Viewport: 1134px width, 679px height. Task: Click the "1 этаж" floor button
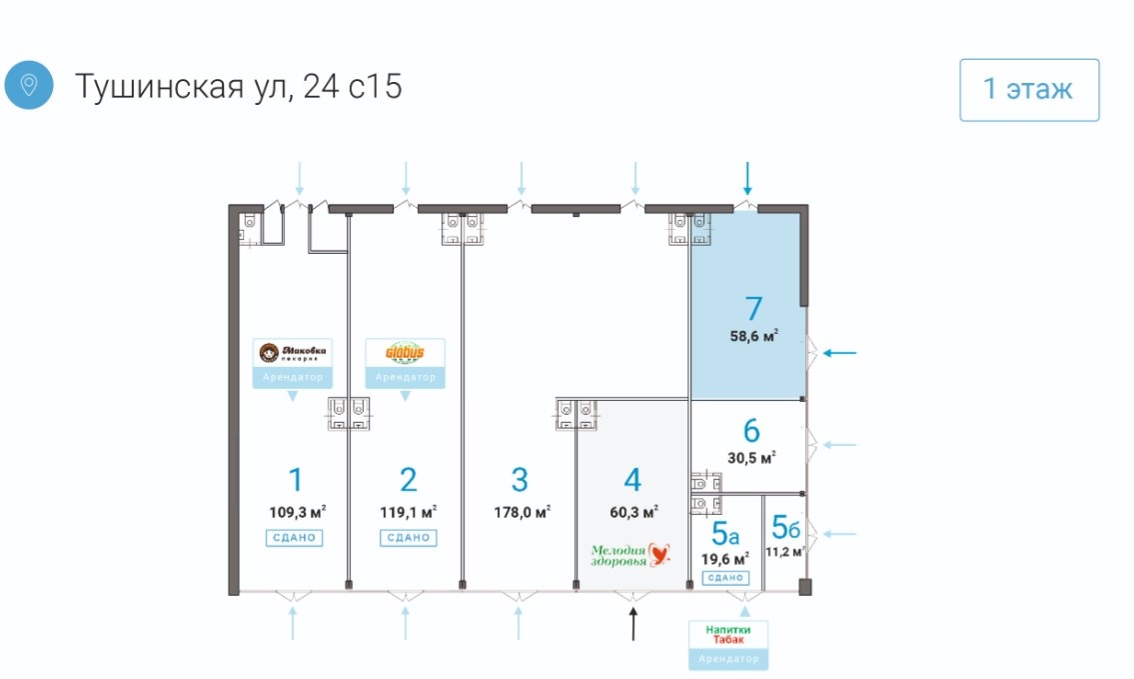pos(1029,90)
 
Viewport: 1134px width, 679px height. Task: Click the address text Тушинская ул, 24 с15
pos(238,86)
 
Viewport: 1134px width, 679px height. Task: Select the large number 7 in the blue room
pos(754,310)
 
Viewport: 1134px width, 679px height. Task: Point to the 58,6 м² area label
pos(754,336)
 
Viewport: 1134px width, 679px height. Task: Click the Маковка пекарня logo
pos(293,353)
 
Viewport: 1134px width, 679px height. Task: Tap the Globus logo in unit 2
pos(406,353)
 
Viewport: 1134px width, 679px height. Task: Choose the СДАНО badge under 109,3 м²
pos(293,538)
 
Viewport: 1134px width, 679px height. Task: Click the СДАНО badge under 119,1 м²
pos(407,538)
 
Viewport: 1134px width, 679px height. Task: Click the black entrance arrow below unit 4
pos(632,624)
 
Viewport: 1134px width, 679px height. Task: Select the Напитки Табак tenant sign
pos(728,634)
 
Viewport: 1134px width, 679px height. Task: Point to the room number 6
pos(751,431)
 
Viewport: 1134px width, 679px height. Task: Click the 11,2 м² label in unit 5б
pos(784,551)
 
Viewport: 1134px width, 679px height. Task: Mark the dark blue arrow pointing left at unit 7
pos(840,352)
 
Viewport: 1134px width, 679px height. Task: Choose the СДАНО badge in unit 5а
pos(726,578)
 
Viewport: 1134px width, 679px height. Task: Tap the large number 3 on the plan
pos(520,480)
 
